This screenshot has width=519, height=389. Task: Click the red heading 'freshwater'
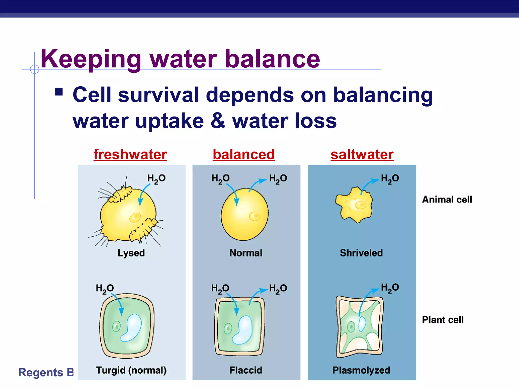point(130,154)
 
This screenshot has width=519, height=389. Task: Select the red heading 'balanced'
point(244,154)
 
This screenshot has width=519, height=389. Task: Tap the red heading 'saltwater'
point(362,154)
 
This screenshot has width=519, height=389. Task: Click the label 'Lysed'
point(131,253)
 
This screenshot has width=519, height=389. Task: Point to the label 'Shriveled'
point(361,253)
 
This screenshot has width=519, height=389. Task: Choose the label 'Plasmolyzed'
point(361,370)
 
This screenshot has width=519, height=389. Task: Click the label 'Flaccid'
point(246,370)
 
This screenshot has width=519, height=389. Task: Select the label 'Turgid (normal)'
point(131,370)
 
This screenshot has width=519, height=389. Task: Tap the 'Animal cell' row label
point(447,200)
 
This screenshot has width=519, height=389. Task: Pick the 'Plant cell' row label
point(443,320)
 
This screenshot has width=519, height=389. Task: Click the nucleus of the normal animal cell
point(254,216)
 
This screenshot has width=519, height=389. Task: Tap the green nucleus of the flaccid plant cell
point(228,329)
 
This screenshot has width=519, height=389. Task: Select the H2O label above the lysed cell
point(156,179)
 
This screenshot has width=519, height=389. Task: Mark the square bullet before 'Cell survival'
point(59,92)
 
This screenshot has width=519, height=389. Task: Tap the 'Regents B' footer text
point(46,373)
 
